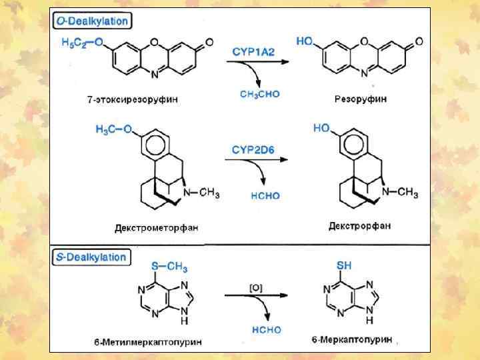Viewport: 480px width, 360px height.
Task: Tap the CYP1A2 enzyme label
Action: [253, 51]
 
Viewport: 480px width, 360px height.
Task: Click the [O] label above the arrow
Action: [256, 287]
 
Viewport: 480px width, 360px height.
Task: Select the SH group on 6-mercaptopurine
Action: [344, 265]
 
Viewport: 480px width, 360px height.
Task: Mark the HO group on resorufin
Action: [305, 41]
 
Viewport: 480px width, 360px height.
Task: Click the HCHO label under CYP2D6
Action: [265, 195]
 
